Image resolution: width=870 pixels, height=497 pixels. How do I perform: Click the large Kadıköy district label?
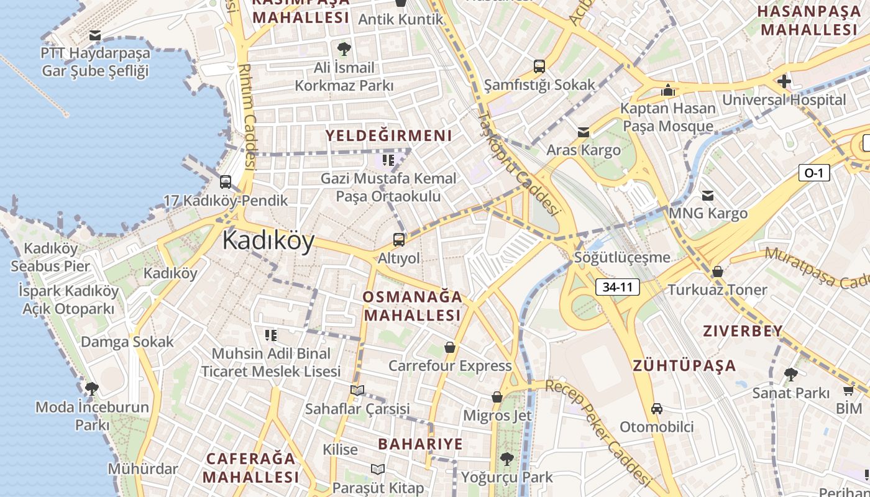(x=268, y=240)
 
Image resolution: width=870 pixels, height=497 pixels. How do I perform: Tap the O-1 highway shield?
(x=813, y=173)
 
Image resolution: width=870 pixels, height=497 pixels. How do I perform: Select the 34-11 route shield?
(x=617, y=287)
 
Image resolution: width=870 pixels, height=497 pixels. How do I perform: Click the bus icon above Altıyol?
(x=399, y=240)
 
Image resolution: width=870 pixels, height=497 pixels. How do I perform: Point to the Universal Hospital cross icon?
(x=784, y=81)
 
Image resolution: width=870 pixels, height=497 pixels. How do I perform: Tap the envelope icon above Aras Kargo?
(x=583, y=132)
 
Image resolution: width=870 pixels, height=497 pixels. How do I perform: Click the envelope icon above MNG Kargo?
(x=707, y=196)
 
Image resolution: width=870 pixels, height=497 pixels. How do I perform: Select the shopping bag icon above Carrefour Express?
(x=450, y=347)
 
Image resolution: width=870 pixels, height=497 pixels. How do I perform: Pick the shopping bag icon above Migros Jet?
(x=497, y=396)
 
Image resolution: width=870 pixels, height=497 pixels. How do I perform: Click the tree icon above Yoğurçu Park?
(x=506, y=459)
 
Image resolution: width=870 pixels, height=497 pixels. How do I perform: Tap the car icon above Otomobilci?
(x=657, y=409)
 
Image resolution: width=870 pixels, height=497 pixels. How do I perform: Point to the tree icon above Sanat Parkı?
(x=790, y=375)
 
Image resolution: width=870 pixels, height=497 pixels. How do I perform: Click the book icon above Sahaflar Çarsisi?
(x=357, y=390)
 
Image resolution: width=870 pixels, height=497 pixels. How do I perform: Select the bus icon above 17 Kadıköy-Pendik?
(x=226, y=182)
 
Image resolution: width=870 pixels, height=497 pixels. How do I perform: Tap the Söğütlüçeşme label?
(x=622, y=257)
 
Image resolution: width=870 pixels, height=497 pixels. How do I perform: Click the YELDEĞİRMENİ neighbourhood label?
(x=389, y=135)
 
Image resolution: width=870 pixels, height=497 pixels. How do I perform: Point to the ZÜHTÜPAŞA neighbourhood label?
(x=684, y=365)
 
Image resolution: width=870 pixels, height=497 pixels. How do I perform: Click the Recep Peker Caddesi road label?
(x=598, y=432)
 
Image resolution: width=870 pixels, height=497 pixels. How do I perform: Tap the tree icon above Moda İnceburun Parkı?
(x=92, y=389)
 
